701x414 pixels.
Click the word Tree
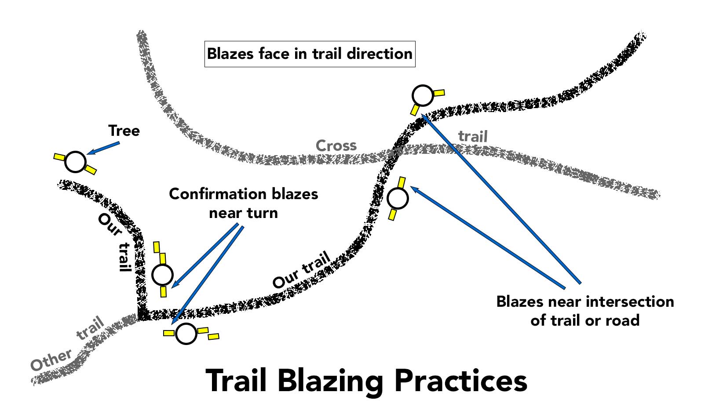click(124, 131)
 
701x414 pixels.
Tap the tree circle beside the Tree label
click(76, 162)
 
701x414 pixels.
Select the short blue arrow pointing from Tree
click(103, 148)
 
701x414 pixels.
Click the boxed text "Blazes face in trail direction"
click(310, 54)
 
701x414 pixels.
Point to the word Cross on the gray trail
click(336, 145)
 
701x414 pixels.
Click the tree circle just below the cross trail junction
click(398, 198)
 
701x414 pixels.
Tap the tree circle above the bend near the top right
click(423, 96)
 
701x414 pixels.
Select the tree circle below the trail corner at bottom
click(186, 334)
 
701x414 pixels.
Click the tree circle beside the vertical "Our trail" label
click(162, 275)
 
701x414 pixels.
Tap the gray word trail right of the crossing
click(473, 136)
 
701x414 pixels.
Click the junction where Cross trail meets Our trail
click(394, 152)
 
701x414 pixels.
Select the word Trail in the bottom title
click(237, 381)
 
